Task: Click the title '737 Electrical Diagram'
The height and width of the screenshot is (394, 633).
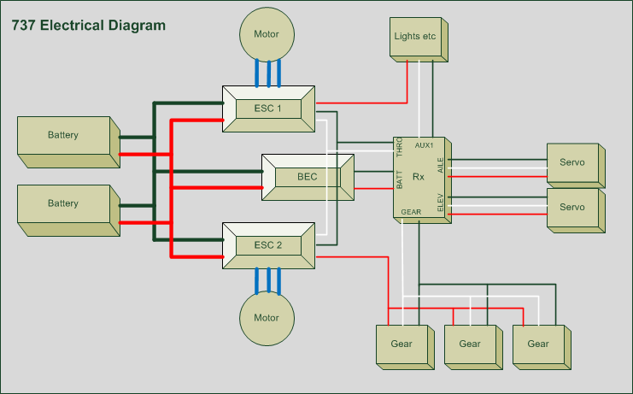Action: pyautogui.click(x=89, y=26)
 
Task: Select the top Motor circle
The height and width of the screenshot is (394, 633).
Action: pyautogui.click(x=267, y=34)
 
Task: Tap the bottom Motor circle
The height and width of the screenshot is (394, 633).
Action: pyautogui.click(x=267, y=318)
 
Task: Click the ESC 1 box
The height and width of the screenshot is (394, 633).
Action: pyautogui.click(x=267, y=109)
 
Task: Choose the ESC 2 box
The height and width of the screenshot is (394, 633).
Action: pyautogui.click(x=267, y=245)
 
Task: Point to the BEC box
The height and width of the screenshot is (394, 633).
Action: pyautogui.click(x=307, y=177)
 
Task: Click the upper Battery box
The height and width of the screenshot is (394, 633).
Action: pyautogui.click(x=64, y=136)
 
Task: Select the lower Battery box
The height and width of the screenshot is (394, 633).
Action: pyautogui.click(x=64, y=204)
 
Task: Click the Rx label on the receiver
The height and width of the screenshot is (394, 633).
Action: pyautogui.click(x=419, y=177)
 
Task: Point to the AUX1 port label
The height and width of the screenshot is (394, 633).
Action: pyautogui.click(x=425, y=145)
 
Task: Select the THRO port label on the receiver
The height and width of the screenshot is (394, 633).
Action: pyautogui.click(x=399, y=150)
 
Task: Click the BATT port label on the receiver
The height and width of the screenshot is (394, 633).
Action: pyautogui.click(x=399, y=179)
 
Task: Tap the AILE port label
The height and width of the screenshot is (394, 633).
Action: pyautogui.click(x=441, y=165)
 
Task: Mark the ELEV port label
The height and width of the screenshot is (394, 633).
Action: pyautogui.click(x=441, y=203)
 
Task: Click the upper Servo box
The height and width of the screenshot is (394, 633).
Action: pyautogui.click(x=572, y=163)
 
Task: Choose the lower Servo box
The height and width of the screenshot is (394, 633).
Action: pyautogui.click(x=572, y=208)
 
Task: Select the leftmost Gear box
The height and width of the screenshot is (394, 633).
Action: pyautogui.click(x=401, y=344)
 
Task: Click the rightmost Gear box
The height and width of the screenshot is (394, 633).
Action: pyautogui.click(x=538, y=344)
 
